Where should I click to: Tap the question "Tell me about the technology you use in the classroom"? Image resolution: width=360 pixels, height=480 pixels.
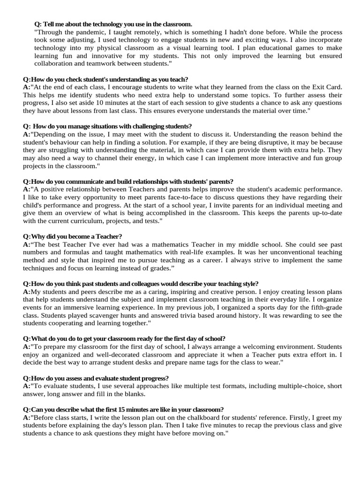tap(113, 24)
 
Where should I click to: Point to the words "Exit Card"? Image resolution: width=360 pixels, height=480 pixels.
tap(327, 87)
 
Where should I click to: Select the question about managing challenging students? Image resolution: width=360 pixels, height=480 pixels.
tap(107, 126)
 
